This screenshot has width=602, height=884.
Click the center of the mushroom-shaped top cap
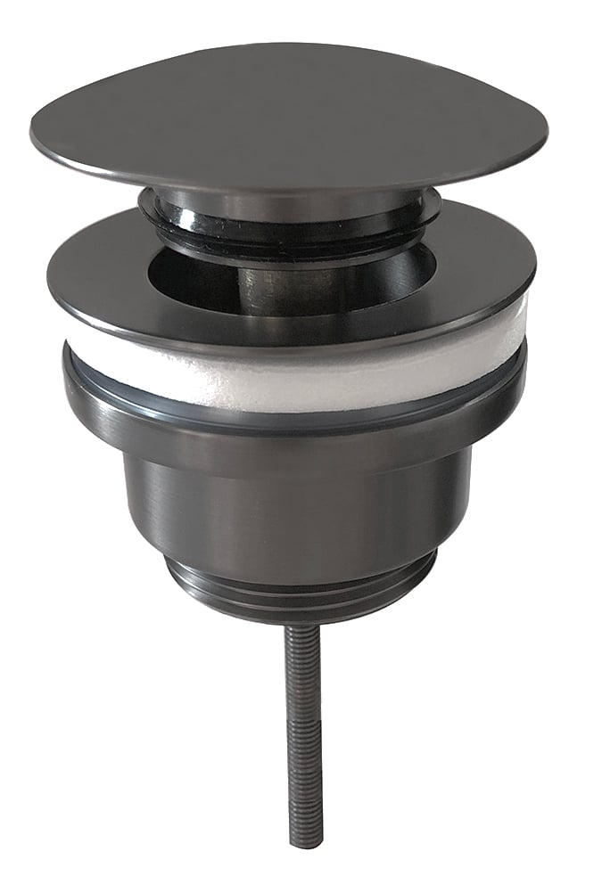tap(285, 107)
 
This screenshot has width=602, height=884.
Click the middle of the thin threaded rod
tap(302, 731)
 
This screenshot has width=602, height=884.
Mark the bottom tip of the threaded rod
tap(303, 842)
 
